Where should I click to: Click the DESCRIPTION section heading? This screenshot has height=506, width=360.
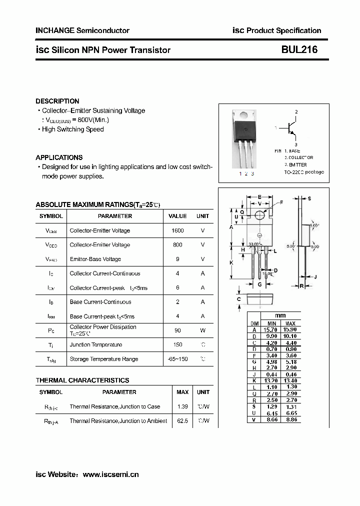click(57, 101)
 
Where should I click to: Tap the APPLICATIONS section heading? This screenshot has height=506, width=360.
click(59, 157)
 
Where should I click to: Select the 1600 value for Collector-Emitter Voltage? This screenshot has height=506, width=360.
click(177, 230)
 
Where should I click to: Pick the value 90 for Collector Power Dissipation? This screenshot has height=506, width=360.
click(177, 330)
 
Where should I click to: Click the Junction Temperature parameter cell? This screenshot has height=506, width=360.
click(96, 344)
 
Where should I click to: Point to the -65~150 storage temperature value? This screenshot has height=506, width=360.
click(177, 359)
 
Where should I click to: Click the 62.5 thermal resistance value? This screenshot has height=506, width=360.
click(182, 421)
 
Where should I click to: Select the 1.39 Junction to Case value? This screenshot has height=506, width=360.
click(182, 406)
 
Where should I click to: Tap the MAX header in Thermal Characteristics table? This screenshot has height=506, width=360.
click(182, 392)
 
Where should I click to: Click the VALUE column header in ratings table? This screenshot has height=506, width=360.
click(177, 216)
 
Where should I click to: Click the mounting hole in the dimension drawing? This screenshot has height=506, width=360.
click(259, 215)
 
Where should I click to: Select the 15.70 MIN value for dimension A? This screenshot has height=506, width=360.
click(271, 330)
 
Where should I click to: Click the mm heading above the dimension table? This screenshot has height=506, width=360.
click(280, 316)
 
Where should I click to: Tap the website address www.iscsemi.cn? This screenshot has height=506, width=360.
click(110, 474)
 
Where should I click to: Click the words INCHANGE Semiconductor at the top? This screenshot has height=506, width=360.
click(82, 30)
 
